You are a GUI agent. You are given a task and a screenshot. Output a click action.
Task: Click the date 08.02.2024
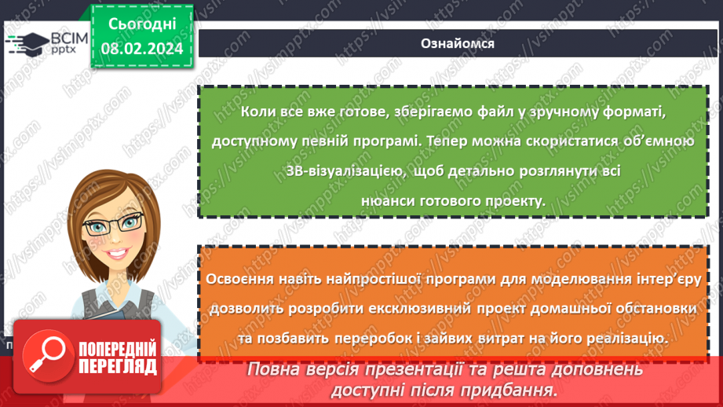141,49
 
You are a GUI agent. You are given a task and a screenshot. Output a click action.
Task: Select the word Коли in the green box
259,113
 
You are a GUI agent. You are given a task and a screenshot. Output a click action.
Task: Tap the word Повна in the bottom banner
276,369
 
